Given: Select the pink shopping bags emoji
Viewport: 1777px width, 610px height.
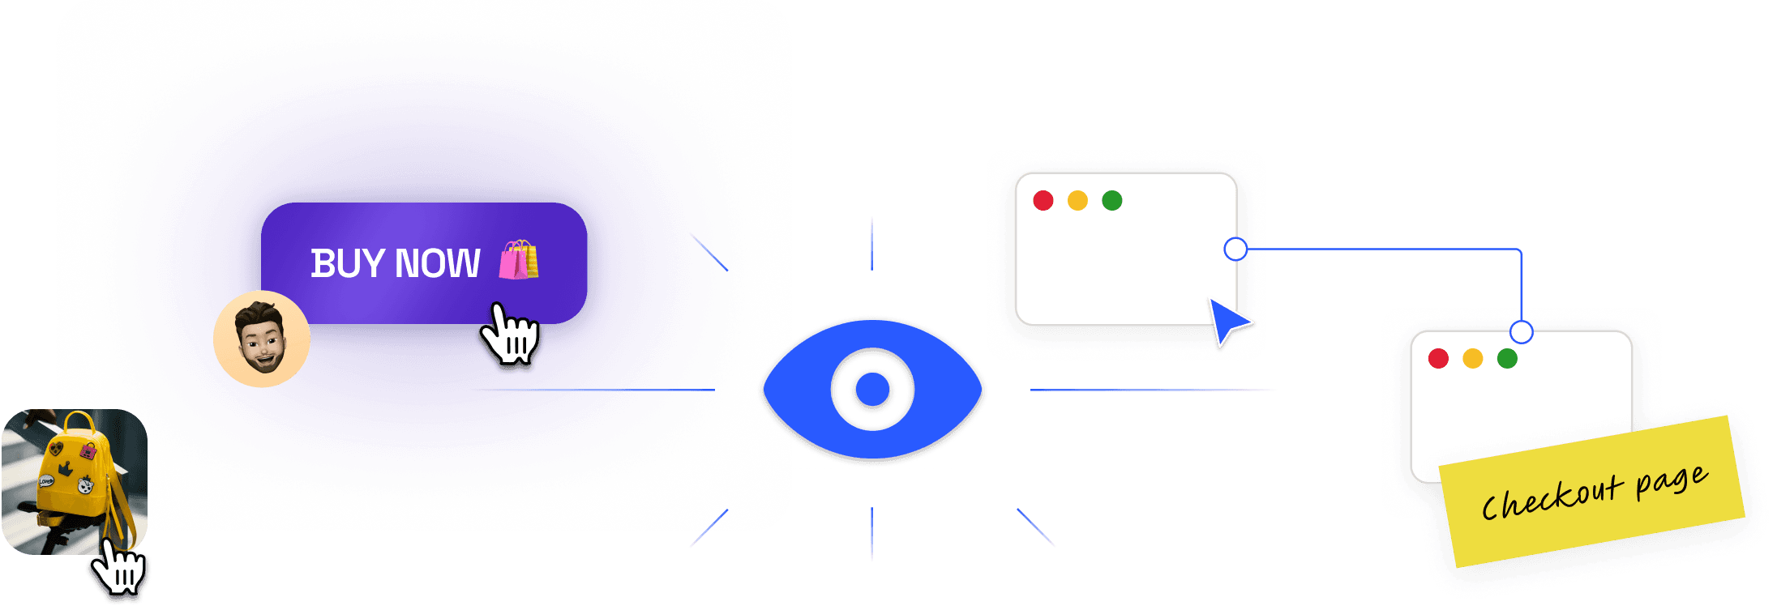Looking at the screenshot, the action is coord(519,260).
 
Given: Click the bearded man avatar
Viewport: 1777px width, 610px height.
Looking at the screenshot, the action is coord(262,339).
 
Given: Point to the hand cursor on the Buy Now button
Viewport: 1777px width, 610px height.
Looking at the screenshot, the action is coord(509,335).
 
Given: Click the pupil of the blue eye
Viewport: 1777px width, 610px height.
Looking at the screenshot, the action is coord(872,390).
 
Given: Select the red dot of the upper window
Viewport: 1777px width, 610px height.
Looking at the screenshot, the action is coord(1043,200).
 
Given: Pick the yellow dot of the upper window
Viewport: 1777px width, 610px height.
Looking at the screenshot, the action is coord(1077,200).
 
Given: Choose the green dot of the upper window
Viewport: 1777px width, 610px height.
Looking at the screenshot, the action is coord(1112,200).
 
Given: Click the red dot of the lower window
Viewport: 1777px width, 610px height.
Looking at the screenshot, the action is coord(1438,358).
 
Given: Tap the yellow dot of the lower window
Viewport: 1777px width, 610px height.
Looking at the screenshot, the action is coord(1473,358).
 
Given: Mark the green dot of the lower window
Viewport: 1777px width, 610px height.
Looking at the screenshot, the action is coord(1507,358).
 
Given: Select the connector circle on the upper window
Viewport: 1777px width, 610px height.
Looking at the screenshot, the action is coord(1235,249).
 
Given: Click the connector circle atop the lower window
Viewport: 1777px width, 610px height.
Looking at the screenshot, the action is coord(1522,332).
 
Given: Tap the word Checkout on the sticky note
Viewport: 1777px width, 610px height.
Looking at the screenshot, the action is coord(1551,497).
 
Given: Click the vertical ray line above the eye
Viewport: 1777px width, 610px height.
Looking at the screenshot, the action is coord(871,241).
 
